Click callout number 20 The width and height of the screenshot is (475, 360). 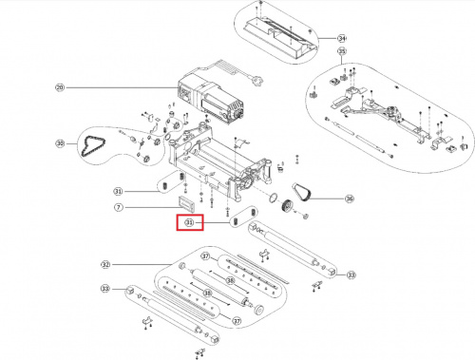click(x=59, y=88)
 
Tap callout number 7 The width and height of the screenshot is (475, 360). click(x=119, y=207)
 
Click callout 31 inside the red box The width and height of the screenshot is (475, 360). click(x=188, y=223)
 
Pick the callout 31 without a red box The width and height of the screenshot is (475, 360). click(x=119, y=190)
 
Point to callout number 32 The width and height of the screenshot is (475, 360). click(x=105, y=264)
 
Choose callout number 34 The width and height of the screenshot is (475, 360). click(x=342, y=37)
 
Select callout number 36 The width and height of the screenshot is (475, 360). click(x=349, y=199)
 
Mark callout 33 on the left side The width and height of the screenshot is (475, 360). click(x=105, y=289)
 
